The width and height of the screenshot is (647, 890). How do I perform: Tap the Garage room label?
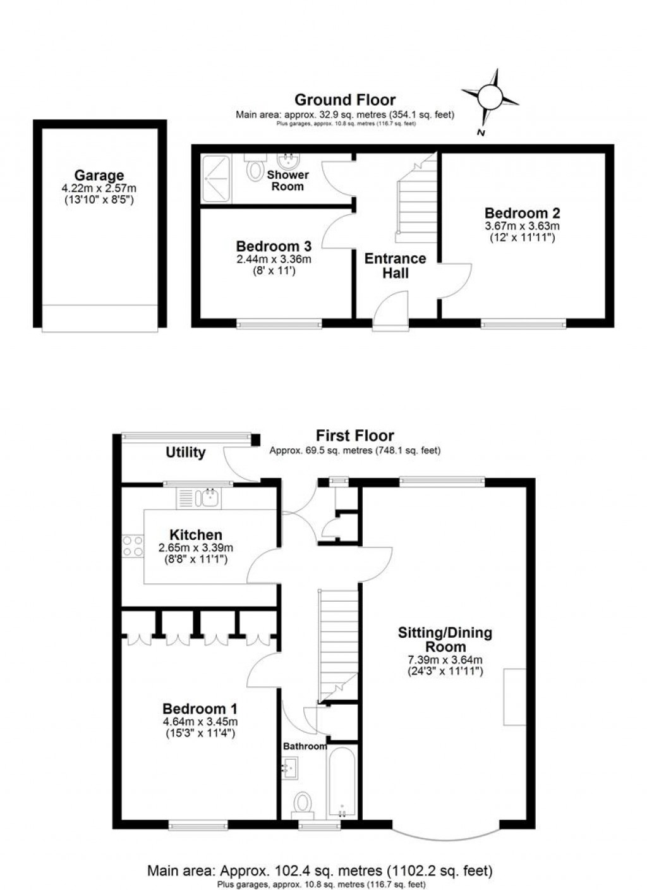click(x=99, y=176)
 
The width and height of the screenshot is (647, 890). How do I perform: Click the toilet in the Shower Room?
click(x=255, y=169)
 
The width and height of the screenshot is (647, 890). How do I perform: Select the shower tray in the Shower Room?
click(x=217, y=178)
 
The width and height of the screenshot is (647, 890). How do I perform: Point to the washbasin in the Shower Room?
click(x=288, y=161)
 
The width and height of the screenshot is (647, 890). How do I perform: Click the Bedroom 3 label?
click(x=274, y=247)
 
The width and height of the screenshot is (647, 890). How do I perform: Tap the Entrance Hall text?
click(x=395, y=265)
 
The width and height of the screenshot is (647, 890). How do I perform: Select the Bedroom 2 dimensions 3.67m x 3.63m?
click(x=522, y=226)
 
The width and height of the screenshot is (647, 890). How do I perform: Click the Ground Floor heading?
click(x=345, y=100)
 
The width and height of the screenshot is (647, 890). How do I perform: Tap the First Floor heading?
click(x=354, y=436)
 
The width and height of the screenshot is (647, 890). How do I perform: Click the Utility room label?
click(x=186, y=453)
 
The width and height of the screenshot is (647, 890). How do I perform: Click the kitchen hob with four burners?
click(x=133, y=546)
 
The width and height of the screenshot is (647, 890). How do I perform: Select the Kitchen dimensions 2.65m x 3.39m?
click(x=196, y=548)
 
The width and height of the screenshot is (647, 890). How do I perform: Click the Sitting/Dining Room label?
click(x=445, y=640)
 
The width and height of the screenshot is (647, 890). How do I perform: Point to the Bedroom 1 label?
click(x=200, y=709)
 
